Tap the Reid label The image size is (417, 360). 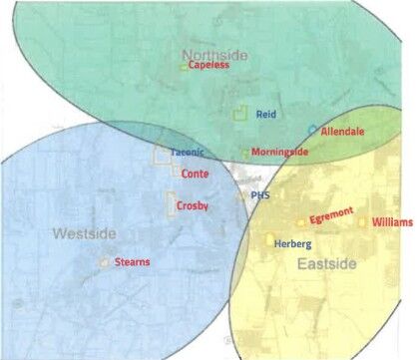(x=265, y=115)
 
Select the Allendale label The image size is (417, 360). (x=342, y=132)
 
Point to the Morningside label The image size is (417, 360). (x=279, y=152)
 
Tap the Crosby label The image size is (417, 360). (x=193, y=205)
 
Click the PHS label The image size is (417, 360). (x=259, y=195)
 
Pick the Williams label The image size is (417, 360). (x=391, y=222)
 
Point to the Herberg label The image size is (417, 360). (x=292, y=243)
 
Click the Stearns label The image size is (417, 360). (x=133, y=261)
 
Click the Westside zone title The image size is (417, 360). (x=84, y=233)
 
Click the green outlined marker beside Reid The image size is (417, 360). (x=239, y=115)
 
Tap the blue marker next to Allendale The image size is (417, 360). (x=312, y=130)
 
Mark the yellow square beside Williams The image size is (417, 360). (x=363, y=222)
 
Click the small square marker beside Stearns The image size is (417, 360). (x=105, y=261)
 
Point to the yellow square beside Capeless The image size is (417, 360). (x=184, y=67)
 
